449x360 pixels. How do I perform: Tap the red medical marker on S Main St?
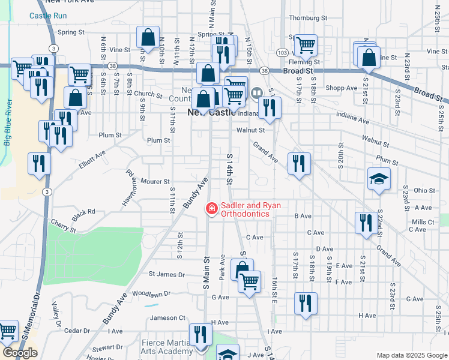point(211,209)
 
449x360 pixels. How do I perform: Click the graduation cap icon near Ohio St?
point(379,179)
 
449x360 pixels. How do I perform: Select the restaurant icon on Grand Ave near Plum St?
point(298,163)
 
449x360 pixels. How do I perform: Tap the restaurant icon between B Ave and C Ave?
point(366,223)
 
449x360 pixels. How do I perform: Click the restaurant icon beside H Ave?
point(306,303)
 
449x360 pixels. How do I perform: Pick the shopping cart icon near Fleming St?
point(306,44)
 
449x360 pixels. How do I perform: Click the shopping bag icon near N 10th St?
point(148,37)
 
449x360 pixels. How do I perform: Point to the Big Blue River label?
point(8,123)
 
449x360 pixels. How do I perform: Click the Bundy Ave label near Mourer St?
point(196,193)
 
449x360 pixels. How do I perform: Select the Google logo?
point(20,352)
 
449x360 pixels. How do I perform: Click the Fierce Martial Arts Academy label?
point(167,347)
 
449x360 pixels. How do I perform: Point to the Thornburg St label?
point(307,18)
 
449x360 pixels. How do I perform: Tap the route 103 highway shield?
point(282,53)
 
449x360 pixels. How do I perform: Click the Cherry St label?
point(64,226)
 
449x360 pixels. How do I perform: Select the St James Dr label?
point(167,275)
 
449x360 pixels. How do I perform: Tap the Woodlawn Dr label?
point(151,294)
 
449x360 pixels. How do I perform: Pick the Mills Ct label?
point(423,222)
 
